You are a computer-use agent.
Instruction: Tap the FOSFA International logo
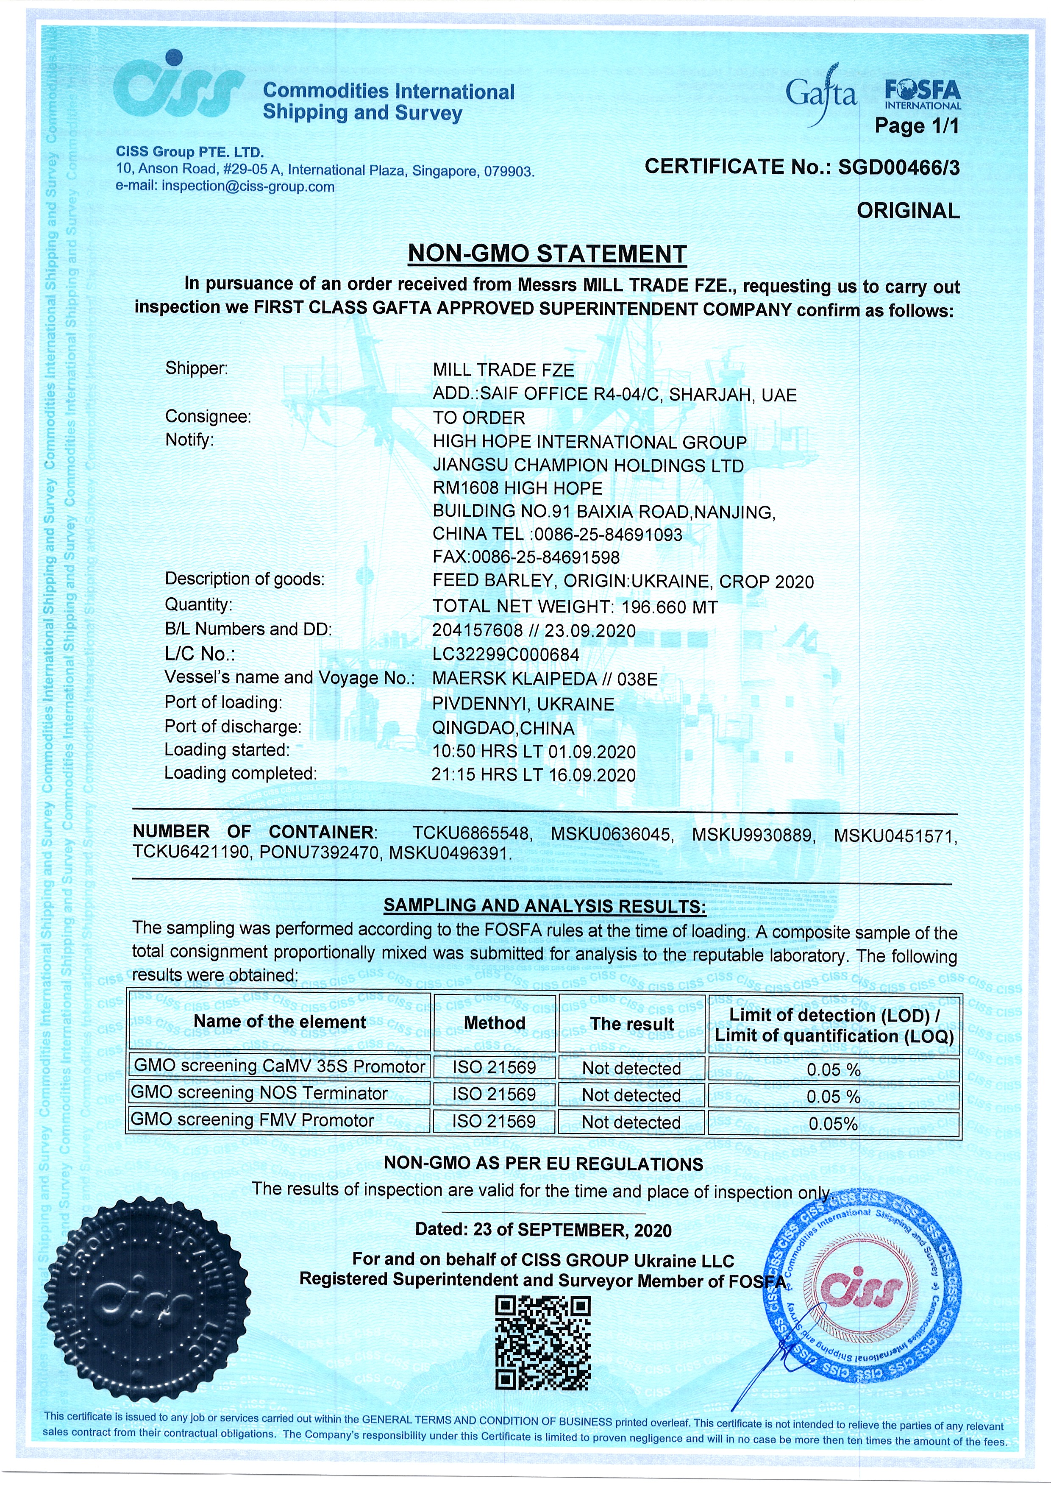point(922,95)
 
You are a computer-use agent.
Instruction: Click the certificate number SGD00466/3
point(899,167)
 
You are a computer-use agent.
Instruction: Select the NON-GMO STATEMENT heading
point(547,254)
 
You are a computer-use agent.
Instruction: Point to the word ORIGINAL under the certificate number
point(908,211)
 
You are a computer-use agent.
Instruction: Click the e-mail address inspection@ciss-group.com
point(248,187)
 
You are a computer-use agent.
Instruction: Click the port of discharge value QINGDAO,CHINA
point(503,728)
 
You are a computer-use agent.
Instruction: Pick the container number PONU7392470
point(319,853)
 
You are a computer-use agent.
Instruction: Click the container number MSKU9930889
point(752,835)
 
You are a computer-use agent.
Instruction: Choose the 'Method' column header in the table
point(494,1023)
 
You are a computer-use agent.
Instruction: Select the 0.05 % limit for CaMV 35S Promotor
point(834,1069)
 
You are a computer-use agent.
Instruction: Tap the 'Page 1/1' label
point(916,125)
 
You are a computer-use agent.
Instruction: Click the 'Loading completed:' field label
point(240,773)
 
